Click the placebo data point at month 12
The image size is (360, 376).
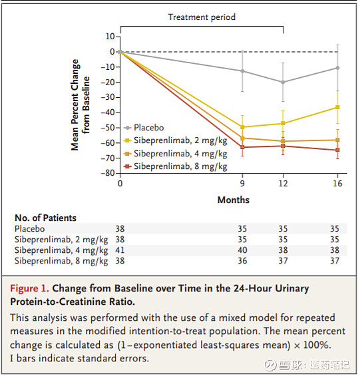283,83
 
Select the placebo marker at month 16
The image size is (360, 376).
337,68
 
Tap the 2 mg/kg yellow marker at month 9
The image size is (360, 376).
242,127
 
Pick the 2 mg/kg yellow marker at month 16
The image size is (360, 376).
337,107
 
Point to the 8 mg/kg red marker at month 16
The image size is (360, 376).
337,150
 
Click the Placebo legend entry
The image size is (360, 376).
144,128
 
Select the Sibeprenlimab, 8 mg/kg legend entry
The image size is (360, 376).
175,166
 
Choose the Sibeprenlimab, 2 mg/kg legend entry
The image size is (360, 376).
175,140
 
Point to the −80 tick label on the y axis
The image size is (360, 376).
108,173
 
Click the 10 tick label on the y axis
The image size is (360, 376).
110,37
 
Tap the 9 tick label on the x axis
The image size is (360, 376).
242,184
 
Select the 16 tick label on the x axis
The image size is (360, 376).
337,184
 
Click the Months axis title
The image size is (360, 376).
234,200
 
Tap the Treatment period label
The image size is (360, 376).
202,17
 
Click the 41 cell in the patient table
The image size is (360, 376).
120,250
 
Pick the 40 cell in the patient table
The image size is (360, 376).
242,250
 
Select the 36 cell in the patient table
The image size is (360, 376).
242,261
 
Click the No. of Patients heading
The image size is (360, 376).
45,218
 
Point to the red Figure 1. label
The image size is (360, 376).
29,288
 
